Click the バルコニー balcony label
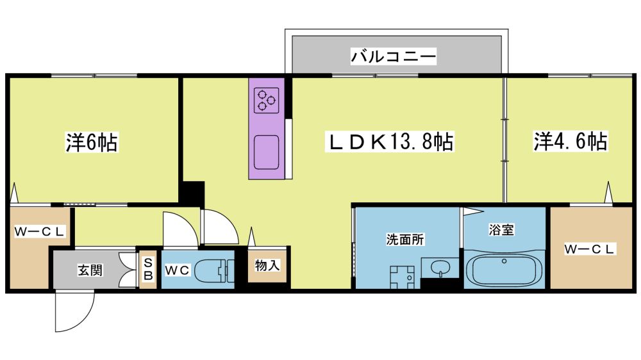point(394,56)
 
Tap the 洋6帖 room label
point(92,142)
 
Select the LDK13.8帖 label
point(390,142)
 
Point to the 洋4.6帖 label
point(570,141)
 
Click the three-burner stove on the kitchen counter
point(266,101)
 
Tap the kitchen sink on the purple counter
point(267,152)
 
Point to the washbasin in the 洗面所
point(440,268)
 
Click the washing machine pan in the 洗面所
point(402,277)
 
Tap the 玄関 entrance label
point(90,270)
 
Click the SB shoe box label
point(148,269)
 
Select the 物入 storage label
point(267,265)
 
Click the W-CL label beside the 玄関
point(39,232)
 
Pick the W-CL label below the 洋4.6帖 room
point(590,249)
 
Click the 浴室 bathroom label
point(501,230)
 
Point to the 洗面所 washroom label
point(405,240)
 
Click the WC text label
point(178,270)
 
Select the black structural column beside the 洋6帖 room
point(192,193)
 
